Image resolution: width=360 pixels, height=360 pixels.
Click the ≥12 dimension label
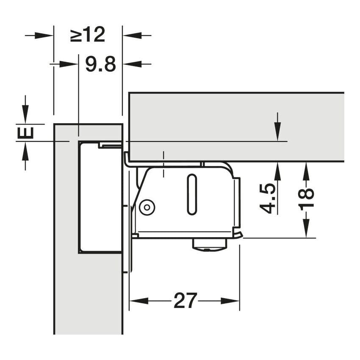[88, 34]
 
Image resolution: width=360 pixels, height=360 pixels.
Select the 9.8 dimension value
[100, 64]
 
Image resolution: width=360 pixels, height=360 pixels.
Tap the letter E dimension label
[25, 133]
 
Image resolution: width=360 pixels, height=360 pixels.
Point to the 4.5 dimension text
[268, 199]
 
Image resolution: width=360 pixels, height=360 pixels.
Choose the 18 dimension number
[306, 198]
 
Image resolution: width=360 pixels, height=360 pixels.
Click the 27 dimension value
[185, 301]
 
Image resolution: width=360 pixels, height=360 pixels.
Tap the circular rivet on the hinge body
[147, 208]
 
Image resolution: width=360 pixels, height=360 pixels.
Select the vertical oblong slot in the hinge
[192, 194]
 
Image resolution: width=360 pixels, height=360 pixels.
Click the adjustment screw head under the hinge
[210, 244]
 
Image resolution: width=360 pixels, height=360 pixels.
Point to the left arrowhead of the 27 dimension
[139, 301]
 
